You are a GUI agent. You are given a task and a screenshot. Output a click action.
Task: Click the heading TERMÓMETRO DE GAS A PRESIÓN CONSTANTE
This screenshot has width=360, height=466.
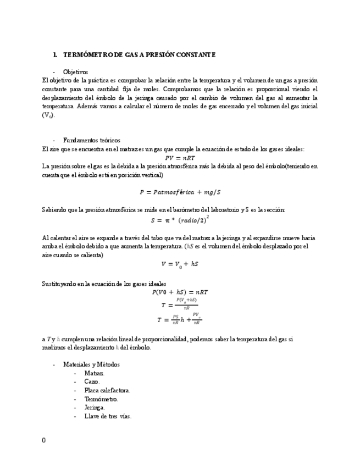point(140,55)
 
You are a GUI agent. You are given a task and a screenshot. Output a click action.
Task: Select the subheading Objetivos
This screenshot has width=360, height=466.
point(75,72)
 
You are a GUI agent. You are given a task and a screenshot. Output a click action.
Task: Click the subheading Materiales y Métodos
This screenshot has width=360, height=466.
point(91,364)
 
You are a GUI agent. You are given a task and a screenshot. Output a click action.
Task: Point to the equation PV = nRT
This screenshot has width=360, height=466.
point(180,158)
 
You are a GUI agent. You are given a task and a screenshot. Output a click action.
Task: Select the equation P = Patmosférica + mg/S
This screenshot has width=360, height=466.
point(180,192)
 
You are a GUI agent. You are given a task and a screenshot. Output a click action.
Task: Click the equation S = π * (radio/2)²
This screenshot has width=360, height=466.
point(180,219)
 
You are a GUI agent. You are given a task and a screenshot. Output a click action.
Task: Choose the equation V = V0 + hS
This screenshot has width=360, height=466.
point(180,264)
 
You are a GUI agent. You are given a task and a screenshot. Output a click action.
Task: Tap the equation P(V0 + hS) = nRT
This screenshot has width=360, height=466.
point(180,292)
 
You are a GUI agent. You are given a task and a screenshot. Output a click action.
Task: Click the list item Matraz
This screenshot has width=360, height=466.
point(95,373)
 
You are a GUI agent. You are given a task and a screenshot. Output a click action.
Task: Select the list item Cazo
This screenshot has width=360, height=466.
point(92,381)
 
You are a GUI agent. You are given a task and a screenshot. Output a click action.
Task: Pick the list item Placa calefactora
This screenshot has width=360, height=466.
point(107,390)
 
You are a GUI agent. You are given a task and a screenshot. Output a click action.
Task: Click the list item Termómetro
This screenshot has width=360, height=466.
point(101,399)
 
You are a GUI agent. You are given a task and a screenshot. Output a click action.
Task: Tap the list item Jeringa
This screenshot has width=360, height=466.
point(95,408)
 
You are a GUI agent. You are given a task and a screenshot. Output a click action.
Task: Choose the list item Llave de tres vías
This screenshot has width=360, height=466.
point(108,416)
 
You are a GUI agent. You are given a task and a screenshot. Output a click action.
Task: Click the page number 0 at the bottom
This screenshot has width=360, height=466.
point(44,440)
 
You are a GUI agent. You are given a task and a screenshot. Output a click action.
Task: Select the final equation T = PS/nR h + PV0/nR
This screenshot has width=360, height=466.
point(180,319)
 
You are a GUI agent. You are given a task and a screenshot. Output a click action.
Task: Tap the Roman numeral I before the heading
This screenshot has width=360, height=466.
point(55,55)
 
